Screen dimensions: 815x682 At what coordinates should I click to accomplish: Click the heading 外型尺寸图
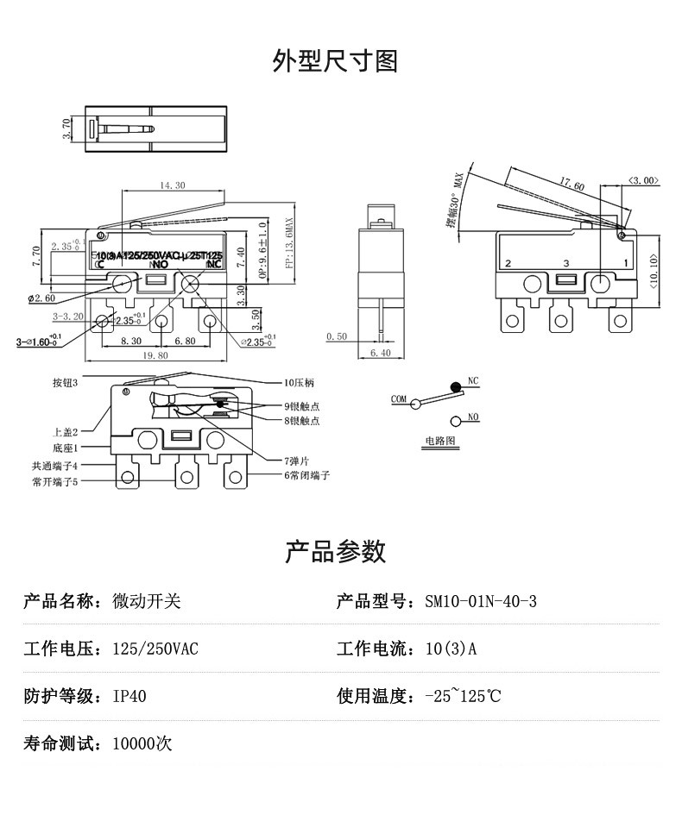(335, 62)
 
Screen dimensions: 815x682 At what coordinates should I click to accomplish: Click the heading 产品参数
(335, 552)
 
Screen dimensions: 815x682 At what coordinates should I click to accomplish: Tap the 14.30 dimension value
(172, 185)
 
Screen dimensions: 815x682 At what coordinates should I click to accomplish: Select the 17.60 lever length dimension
(571, 185)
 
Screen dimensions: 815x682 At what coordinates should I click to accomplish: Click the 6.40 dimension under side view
(380, 354)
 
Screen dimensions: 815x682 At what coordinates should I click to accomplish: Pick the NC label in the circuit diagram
(472, 380)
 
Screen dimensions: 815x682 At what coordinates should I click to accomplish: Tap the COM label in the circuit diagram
(398, 399)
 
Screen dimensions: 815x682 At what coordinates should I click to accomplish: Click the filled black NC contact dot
(455, 389)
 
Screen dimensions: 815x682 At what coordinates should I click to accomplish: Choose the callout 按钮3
(66, 382)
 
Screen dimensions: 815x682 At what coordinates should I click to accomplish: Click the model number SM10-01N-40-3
(481, 601)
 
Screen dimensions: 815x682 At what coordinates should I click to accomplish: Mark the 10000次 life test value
(142, 743)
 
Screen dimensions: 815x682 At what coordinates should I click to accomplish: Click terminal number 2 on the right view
(508, 262)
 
